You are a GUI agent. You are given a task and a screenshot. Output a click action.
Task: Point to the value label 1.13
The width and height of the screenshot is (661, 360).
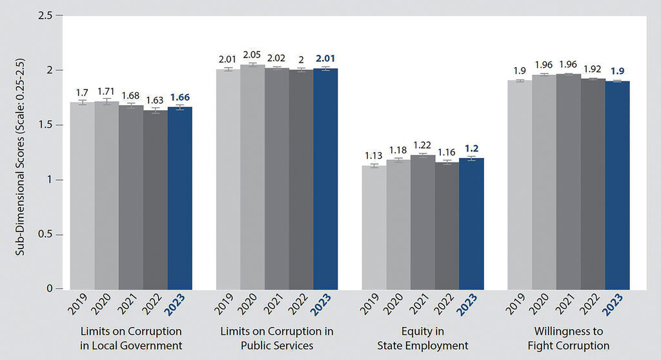point(374,157)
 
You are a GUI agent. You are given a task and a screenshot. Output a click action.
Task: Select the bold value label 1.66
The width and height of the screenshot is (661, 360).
point(180,98)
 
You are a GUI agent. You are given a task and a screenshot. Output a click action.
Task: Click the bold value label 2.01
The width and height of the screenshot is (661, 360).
point(325,59)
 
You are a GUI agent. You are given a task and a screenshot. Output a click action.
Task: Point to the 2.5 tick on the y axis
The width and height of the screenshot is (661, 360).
point(46,15)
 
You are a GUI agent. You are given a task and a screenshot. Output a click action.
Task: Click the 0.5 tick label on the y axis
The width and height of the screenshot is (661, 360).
point(46,234)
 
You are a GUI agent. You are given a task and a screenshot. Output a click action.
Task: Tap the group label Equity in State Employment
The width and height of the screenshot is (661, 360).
point(422,339)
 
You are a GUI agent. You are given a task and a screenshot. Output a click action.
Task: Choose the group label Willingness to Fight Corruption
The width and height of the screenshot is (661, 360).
point(568,339)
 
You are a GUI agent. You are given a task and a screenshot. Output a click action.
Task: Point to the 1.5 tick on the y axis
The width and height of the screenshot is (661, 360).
point(46,125)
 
